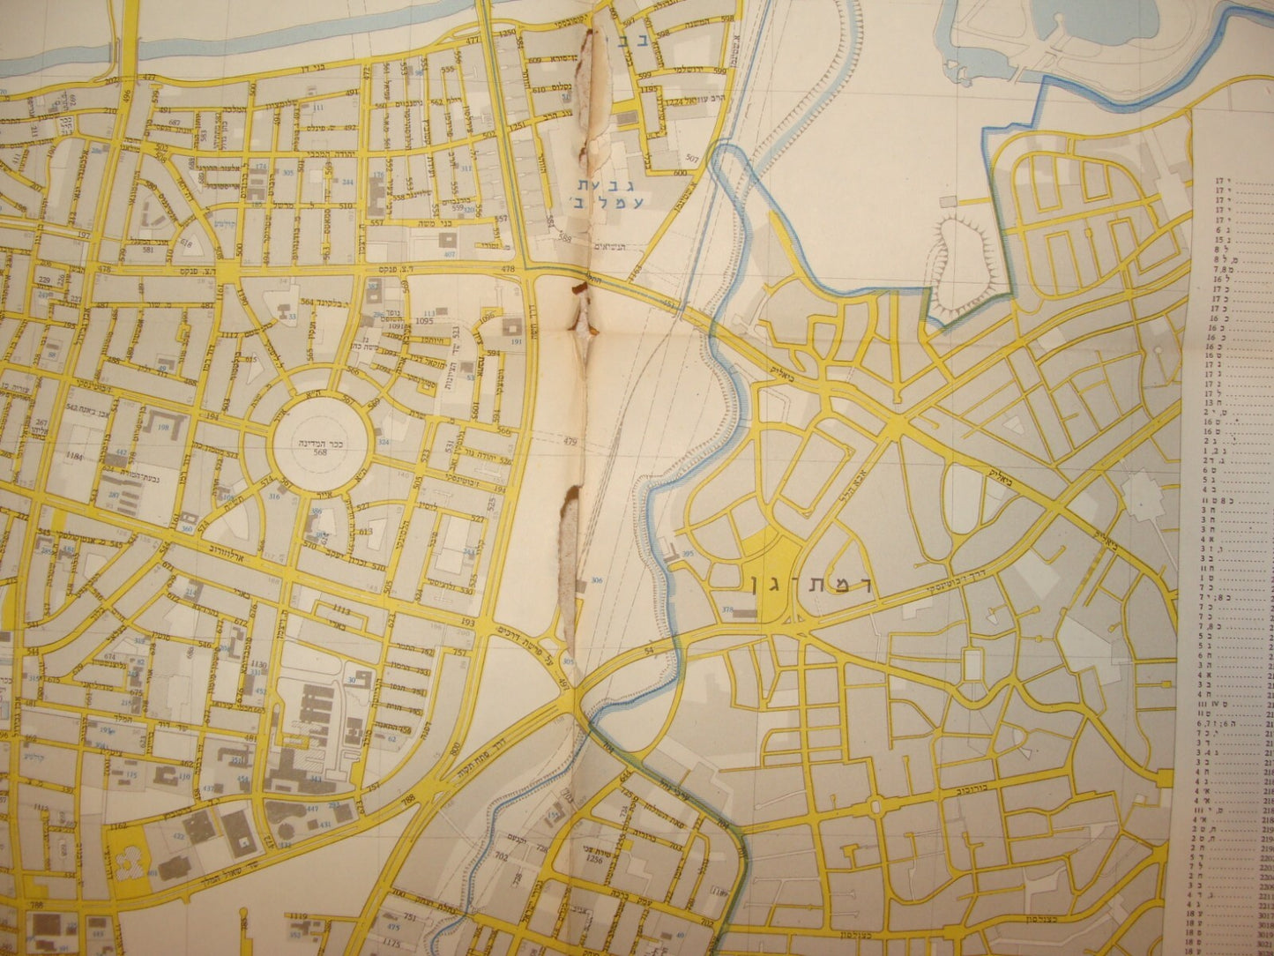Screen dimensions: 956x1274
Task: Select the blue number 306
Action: pyautogui.click(x=597, y=580)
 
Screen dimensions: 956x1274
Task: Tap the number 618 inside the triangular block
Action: pyautogui.click(x=185, y=243)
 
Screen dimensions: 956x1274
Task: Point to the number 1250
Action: pyautogui.click(x=505, y=34)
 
